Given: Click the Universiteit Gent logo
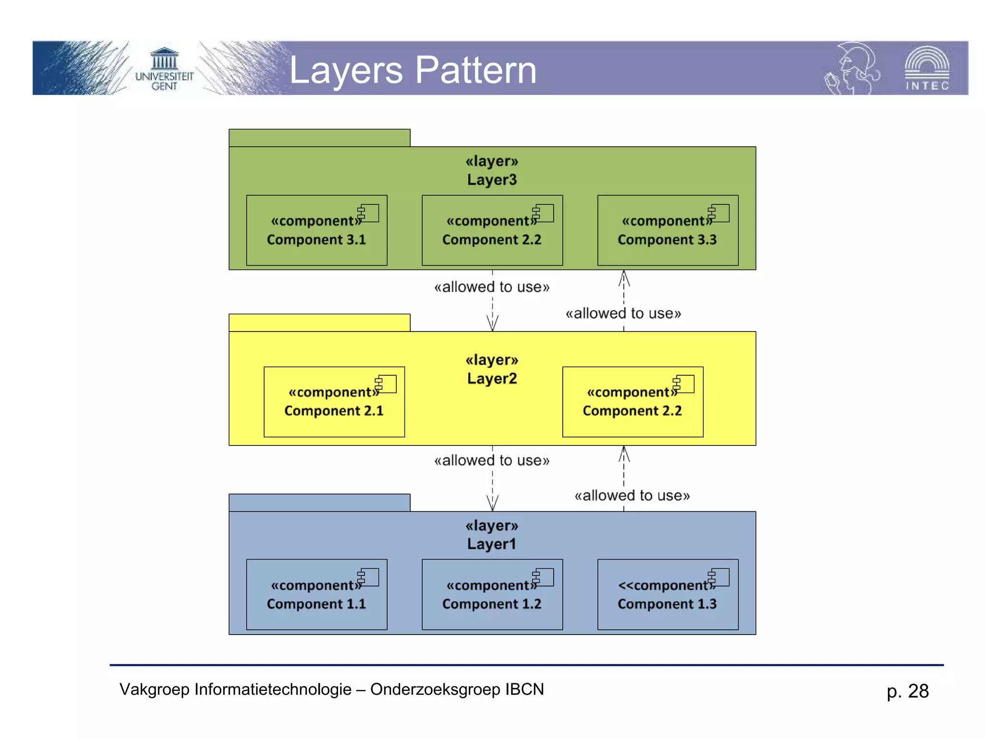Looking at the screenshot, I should pos(164,69).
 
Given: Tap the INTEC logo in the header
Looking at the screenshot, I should pos(926,69).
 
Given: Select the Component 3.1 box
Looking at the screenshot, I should pos(316,230).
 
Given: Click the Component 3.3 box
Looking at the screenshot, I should pos(668,230).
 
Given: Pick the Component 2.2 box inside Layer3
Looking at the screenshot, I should pos(492,230).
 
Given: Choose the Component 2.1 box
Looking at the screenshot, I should pos(334,402).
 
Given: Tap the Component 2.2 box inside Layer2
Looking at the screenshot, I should pos(632,402).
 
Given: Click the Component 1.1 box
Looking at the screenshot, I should pos(316,595).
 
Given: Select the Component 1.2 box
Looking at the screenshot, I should pos(492,595).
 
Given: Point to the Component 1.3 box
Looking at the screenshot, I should pos(668,595).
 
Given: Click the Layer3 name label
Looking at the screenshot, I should pos(492,179).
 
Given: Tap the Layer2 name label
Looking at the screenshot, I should pos(492,379).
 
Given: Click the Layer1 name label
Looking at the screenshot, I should pos(492,544).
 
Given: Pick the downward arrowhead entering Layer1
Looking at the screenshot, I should pos(492,504).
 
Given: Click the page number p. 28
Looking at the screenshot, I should pos(908,691).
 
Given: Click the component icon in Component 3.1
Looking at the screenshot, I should pos(368,213).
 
